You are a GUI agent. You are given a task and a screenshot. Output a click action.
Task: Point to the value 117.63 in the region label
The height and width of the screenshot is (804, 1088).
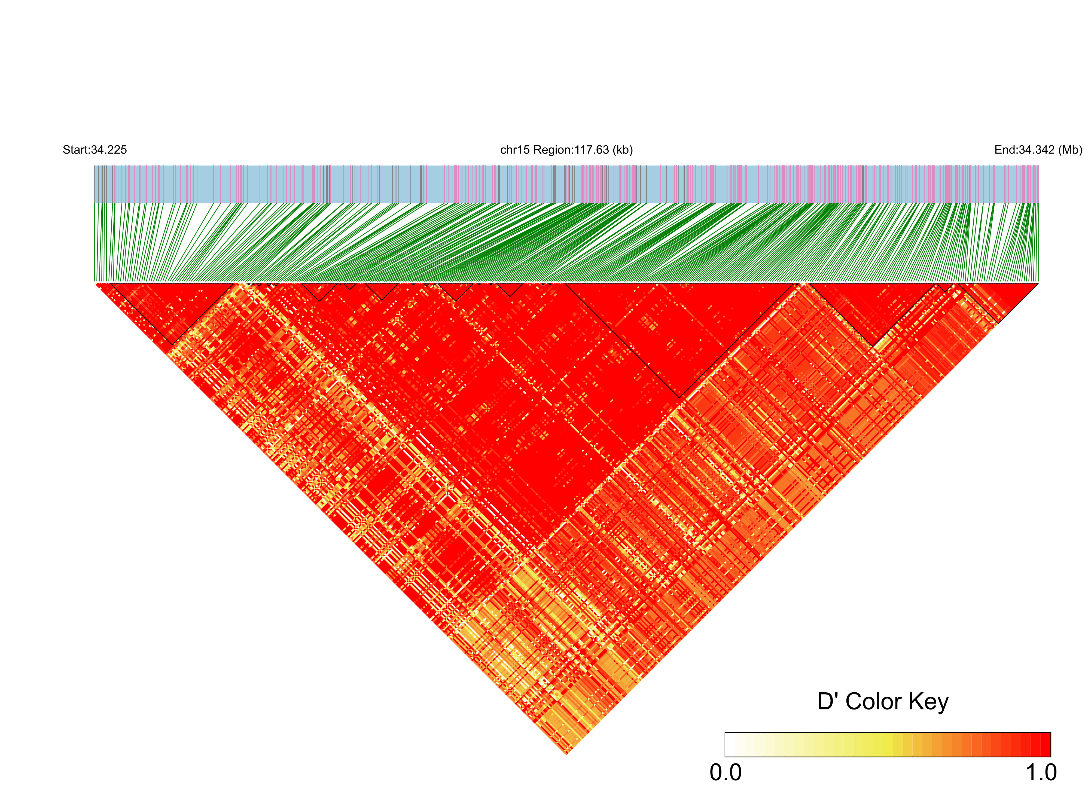[x=592, y=150]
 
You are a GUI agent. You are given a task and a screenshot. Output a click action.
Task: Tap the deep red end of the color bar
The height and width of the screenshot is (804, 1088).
[x=1046, y=744]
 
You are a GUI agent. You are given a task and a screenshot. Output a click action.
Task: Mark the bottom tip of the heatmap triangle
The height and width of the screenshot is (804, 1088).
[x=567, y=754]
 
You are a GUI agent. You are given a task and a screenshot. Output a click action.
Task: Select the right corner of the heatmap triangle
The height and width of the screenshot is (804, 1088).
[x=1038, y=283]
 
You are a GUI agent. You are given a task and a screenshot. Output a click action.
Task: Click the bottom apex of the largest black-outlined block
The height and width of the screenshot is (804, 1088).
[x=680, y=398]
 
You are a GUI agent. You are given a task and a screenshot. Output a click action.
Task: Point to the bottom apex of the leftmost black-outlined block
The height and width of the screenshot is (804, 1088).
[x=172, y=345]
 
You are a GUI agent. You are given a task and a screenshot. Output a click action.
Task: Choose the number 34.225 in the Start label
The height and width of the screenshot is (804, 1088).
[x=109, y=150]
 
